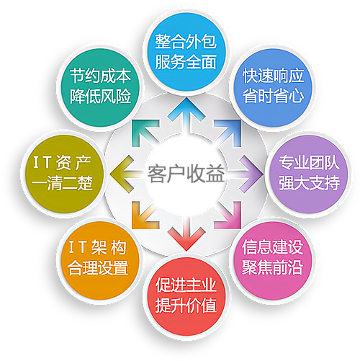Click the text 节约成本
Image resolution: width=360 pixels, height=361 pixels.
tap(101, 76)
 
